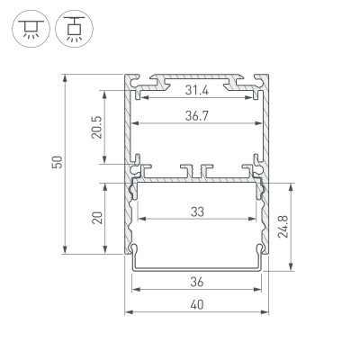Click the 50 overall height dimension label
[56, 163]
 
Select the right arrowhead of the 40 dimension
[267, 311]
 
